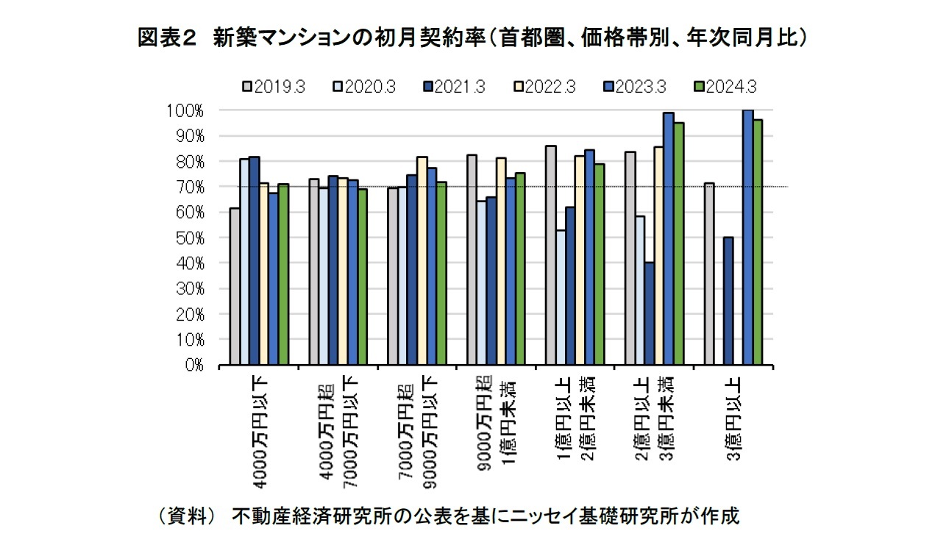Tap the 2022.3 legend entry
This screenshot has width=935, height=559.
coord(545,87)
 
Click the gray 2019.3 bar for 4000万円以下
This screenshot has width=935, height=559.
coord(235,287)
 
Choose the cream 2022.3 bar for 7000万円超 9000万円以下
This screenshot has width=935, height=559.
coord(422,260)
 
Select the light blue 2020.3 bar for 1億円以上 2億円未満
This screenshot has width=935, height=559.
coord(561,298)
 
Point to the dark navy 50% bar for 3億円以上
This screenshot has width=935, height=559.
coord(728,301)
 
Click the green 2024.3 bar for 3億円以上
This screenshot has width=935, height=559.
coord(757,242)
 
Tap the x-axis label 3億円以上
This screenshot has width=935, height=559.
coord(733,416)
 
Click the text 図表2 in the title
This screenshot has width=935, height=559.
coord(166,38)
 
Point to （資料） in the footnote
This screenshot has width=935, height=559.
coord(187,516)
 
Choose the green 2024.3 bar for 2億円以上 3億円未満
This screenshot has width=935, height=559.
coord(678,243)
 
